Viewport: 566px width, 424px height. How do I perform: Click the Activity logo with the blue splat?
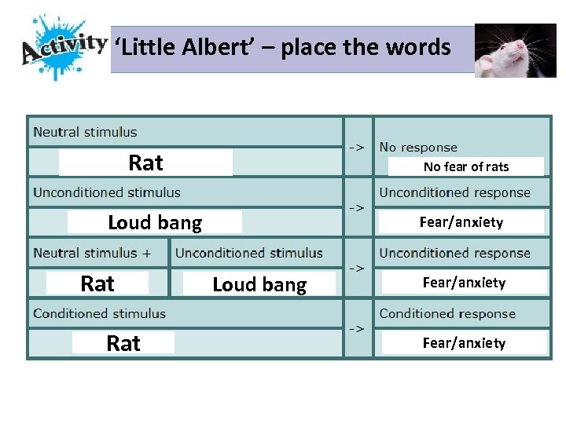pyautogui.click(x=63, y=47)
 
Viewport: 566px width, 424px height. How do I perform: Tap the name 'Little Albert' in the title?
pyautogui.click(x=182, y=48)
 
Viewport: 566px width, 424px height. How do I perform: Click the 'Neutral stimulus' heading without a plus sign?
pyautogui.click(x=85, y=132)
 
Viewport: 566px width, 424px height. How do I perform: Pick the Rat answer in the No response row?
pyautogui.click(x=145, y=163)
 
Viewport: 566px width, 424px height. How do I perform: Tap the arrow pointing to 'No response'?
pyautogui.click(x=356, y=147)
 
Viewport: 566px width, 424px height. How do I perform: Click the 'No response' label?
pyautogui.click(x=417, y=147)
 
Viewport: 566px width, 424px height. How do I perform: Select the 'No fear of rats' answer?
pyautogui.click(x=465, y=166)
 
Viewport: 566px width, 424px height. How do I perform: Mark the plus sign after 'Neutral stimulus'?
pyautogui.click(x=168, y=253)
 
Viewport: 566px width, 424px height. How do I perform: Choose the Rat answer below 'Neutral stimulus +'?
pyautogui.click(x=97, y=283)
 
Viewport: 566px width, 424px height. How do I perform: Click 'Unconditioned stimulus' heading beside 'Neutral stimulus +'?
pyautogui.click(x=248, y=253)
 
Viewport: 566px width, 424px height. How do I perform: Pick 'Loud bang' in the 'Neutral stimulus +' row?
pyautogui.click(x=259, y=284)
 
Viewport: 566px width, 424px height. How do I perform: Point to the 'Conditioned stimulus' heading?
pyautogui.click(x=99, y=313)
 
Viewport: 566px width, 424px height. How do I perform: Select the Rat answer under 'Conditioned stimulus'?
pyautogui.click(x=123, y=343)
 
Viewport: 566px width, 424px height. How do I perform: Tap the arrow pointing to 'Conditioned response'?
pyautogui.click(x=356, y=328)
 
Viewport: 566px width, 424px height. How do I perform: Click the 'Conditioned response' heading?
pyautogui.click(x=447, y=313)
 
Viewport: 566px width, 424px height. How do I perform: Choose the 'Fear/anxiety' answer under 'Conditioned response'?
pyautogui.click(x=464, y=342)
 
